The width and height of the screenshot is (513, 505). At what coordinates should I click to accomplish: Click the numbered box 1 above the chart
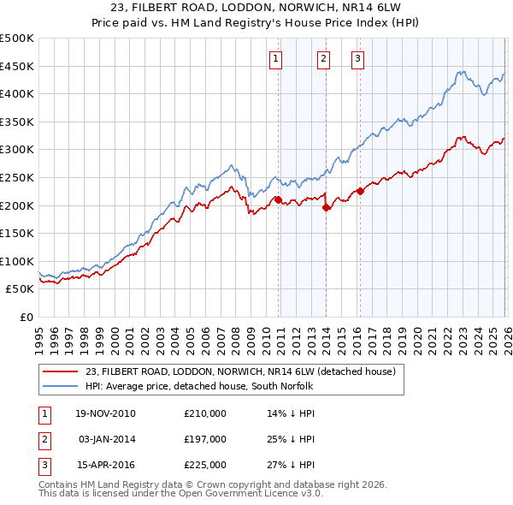pyautogui.click(x=276, y=59)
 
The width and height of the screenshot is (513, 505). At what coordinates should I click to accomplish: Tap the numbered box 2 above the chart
pyautogui.click(x=324, y=59)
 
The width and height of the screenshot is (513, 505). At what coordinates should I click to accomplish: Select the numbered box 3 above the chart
pyautogui.click(x=357, y=59)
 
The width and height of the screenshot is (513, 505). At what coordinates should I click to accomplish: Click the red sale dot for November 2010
pyautogui.click(x=278, y=199)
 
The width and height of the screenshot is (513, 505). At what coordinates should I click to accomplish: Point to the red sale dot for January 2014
pyautogui.click(x=326, y=206)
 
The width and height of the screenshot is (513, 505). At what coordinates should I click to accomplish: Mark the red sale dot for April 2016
pyautogui.click(x=360, y=191)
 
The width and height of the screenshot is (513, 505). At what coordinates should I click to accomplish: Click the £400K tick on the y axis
pyautogui.click(x=17, y=93)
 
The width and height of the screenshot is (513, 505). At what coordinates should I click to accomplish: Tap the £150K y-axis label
pyautogui.click(x=17, y=233)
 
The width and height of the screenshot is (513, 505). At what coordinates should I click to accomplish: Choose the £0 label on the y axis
pyautogui.click(x=26, y=317)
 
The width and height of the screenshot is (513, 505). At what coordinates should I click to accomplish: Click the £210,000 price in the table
pyautogui.click(x=205, y=413)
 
